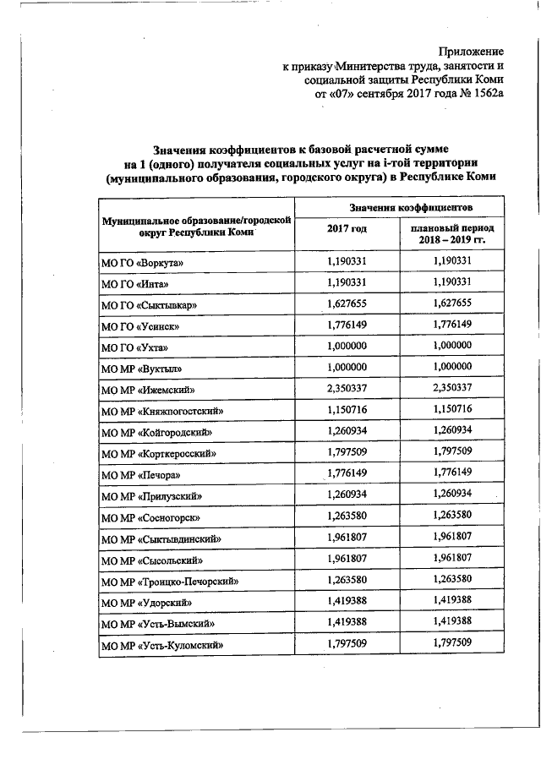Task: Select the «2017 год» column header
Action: click(x=347, y=229)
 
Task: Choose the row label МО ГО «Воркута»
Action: click(x=142, y=264)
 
